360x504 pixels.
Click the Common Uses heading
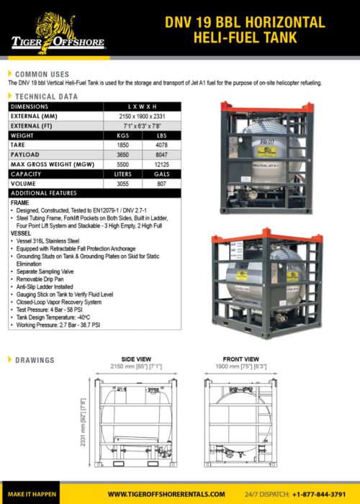42,74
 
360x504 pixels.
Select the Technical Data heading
47,95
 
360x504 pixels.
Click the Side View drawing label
136,358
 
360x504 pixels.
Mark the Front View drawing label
242,358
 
